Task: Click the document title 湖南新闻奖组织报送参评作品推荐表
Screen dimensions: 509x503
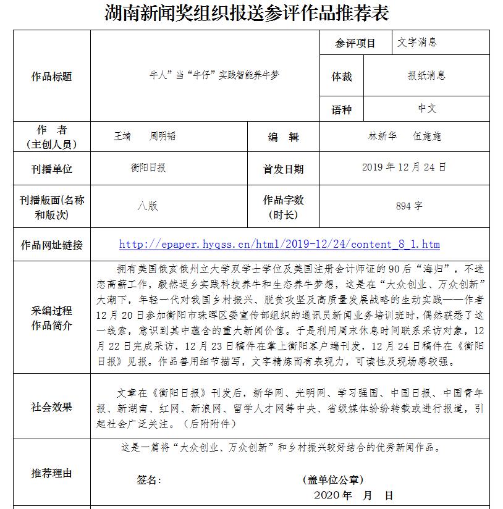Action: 247,13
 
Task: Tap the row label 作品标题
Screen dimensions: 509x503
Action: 51,77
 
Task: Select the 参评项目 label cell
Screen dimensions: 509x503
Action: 355,43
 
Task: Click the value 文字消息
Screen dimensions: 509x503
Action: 417,43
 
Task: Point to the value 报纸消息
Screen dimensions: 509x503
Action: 426,76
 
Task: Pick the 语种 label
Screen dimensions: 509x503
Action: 341,109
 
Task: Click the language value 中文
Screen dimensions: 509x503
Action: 426,109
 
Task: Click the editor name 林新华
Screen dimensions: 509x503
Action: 383,137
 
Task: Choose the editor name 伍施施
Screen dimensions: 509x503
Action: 428,137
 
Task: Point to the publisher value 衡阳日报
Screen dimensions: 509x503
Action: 148,168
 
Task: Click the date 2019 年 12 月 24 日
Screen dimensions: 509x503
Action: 404,167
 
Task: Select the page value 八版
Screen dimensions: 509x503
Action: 148,206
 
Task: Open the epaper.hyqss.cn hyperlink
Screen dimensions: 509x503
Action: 279,245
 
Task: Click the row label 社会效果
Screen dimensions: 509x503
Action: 51,407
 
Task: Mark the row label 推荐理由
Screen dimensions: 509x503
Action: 51,473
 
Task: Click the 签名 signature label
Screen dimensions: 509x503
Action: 148,480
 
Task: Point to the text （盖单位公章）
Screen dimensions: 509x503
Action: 333,480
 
